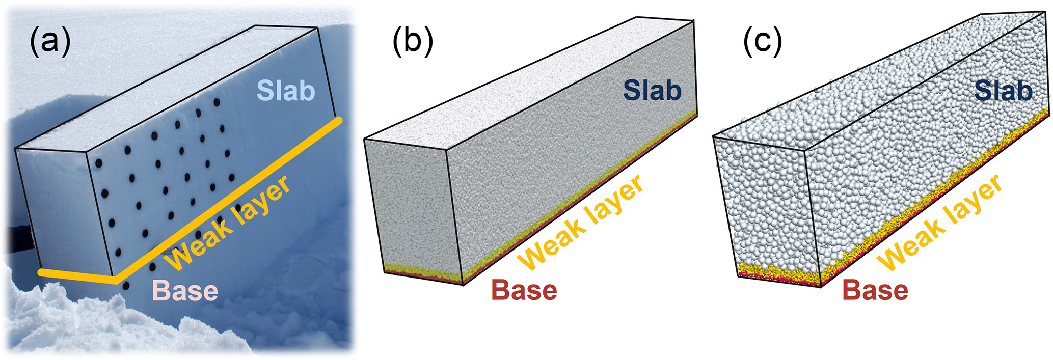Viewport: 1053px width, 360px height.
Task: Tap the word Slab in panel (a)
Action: pyautogui.click(x=286, y=91)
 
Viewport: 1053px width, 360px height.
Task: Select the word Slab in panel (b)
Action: pyautogui.click(x=653, y=91)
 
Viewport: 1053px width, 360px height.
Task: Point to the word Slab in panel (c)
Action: pyautogui.click(x=1004, y=91)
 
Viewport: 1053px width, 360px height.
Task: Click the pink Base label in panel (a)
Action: pyautogui.click(x=185, y=291)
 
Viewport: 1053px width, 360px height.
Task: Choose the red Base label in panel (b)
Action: pyautogui.click(x=524, y=291)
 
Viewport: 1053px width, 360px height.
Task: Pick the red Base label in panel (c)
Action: pyautogui.click(x=875, y=291)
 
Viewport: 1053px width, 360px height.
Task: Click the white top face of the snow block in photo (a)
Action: pyautogui.click(x=168, y=87)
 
